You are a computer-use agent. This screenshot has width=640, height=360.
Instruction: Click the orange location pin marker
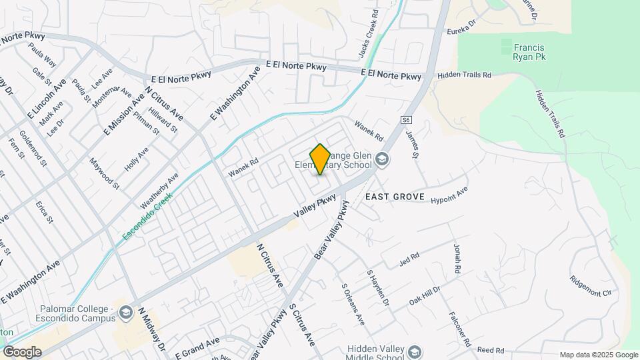320,159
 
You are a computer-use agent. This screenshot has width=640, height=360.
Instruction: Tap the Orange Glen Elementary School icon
381,159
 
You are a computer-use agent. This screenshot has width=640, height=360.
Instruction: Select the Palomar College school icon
125,312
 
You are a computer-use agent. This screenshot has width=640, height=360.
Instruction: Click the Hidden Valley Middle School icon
415,353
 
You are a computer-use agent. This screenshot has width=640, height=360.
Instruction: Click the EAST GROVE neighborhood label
395,197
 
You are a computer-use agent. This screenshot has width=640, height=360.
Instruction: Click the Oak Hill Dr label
425,295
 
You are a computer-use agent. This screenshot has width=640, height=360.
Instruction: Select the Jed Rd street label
409,257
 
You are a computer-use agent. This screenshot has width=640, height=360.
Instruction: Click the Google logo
21,352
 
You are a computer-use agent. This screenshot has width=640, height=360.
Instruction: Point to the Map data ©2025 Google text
598,355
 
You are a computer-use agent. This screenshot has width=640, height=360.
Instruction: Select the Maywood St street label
106,172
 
